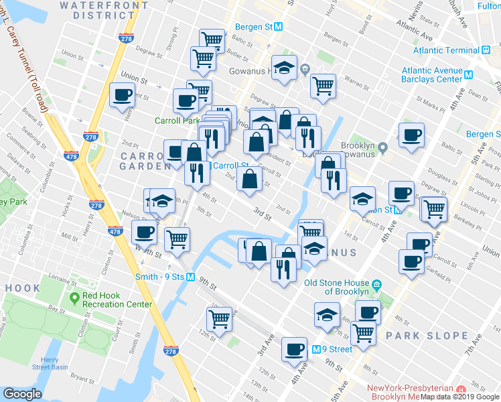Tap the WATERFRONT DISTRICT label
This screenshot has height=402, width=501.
(105, 9)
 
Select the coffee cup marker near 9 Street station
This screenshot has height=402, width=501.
(294, 348)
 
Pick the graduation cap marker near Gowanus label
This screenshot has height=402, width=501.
(313, 249)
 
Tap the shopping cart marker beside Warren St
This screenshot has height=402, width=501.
(323, 85)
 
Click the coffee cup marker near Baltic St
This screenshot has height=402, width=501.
(411, 134)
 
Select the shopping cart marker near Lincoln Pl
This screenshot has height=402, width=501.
(433, 208)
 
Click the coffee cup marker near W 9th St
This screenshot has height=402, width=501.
(144, 232)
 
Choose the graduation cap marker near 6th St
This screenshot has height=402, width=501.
(326, 315)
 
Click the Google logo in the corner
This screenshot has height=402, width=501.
(22, 394)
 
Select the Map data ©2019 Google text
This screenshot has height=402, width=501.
(459, 397)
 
